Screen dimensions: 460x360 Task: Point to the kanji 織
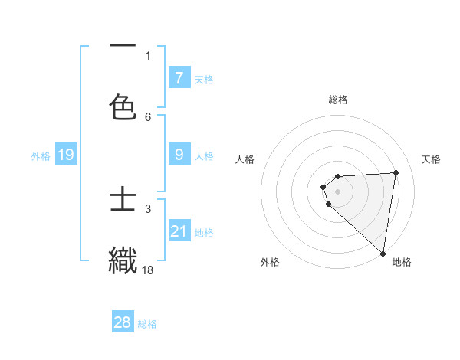pos(123,259)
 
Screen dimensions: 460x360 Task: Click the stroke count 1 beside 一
pos(148,55)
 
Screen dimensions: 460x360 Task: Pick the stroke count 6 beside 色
pos(148,116)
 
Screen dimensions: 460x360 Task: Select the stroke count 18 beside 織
pos(148,269)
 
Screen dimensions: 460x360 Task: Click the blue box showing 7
pos(179,77)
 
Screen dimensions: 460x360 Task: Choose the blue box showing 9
pos(179,155)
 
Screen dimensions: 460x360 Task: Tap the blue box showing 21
pos(179,231)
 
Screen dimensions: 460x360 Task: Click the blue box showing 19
pos(65,155)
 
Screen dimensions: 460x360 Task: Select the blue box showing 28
pos(123,322)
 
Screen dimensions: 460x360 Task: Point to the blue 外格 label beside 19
pos(41,156)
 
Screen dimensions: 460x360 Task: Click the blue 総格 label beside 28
pos(147,324)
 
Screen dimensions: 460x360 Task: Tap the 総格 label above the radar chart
pos(338,100)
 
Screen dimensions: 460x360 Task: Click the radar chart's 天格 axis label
pos(432,159)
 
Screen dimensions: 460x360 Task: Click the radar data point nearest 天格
pos(396,172)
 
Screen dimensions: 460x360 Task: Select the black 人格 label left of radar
pos(245,159)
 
